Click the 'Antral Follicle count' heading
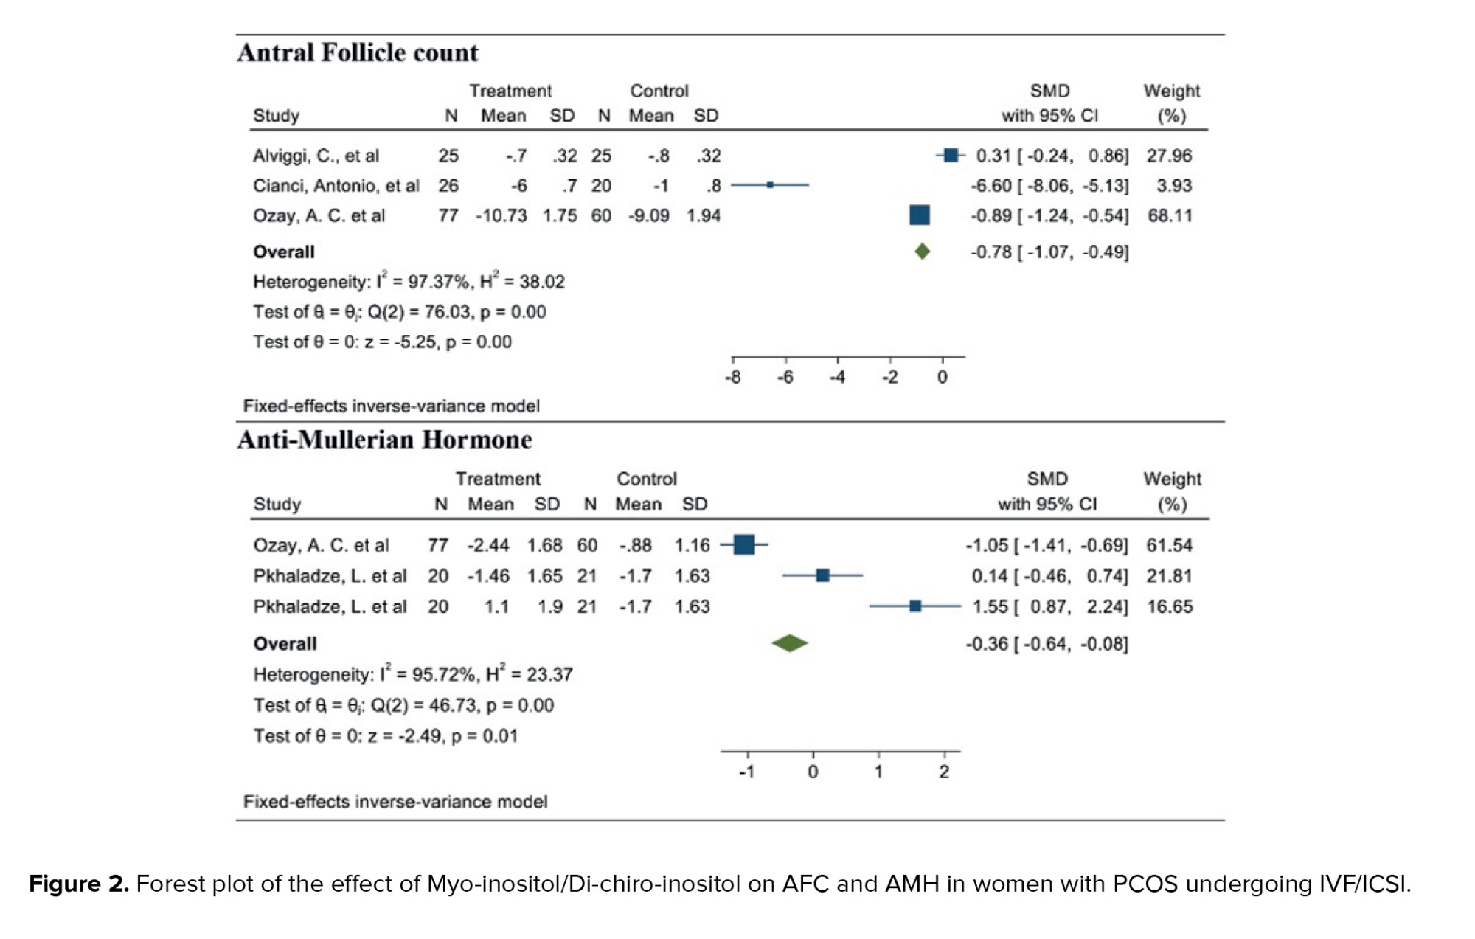(x=358, y=53)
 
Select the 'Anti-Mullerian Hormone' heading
(x=384, y=440)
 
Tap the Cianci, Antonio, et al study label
(x=336, y=186)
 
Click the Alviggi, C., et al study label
(x=316, y=156)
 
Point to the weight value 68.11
(x=1170, y=215)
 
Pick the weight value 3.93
(x=1173, y=186)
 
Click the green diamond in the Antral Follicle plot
(x=922, y=252)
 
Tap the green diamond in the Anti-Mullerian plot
(x=790, y=643)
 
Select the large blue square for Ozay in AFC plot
(x=920, y=215)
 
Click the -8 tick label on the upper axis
(x=732, y=378)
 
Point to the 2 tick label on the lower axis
(x=944, y=772)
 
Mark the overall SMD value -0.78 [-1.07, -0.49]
(x=1049, y=252)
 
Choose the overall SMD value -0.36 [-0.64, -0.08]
(x=1047, y=644)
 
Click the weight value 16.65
(x=1170, y=606)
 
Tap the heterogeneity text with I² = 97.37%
(x=409, y=282)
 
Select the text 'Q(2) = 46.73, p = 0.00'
(x=462, y=705)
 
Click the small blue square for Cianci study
(x=770, y=185)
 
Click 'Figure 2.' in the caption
(x=79, y=884)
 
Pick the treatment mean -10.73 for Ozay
(x=502, y=215)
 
